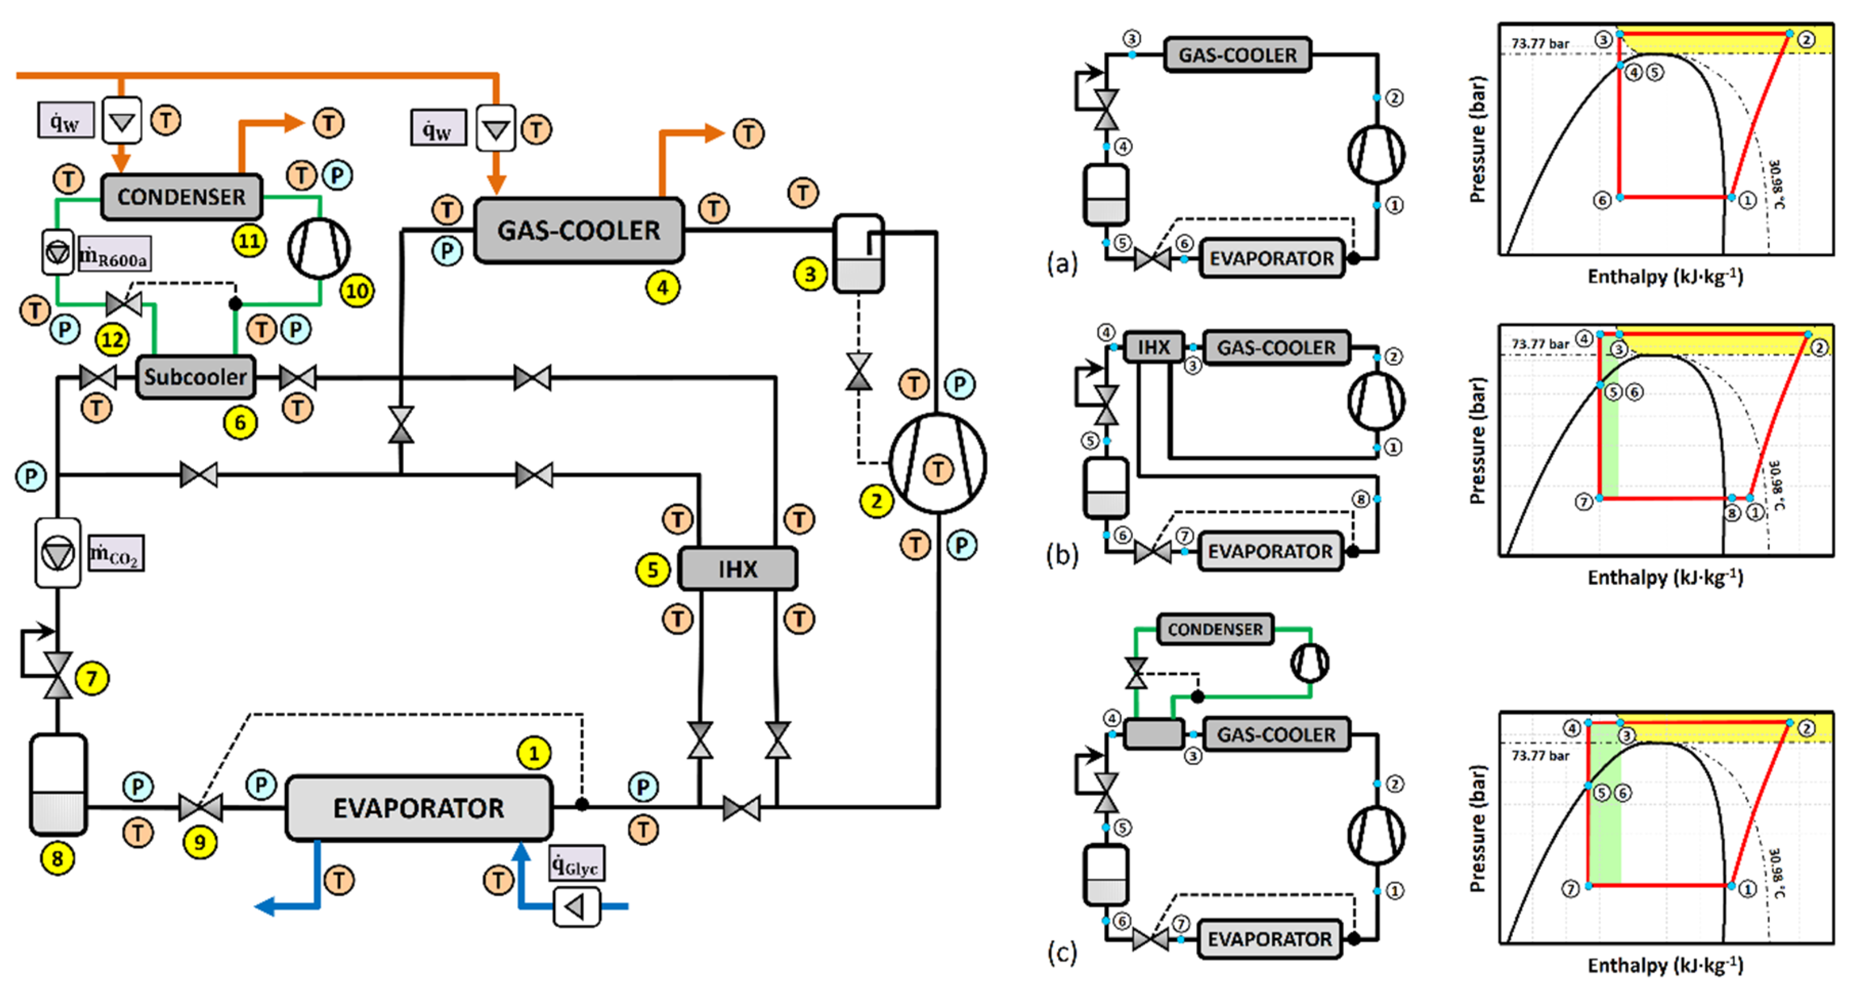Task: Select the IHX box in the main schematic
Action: coord(738,569)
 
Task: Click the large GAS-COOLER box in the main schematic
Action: coord(579,230)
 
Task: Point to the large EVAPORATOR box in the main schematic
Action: coord(419,808)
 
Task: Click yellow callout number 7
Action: coord(92,678)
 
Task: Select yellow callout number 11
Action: coord(249,241)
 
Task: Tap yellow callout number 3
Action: coord(810,274)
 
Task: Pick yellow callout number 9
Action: coord(200,842)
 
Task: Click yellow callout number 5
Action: coord(653,570)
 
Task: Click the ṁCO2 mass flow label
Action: coord(116,553)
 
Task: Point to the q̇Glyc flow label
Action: coord(577,863)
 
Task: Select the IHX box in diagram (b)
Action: coord(1154,347)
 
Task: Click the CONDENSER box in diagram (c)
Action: coord(1215,629)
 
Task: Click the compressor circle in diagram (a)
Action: coord(1376,154)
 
